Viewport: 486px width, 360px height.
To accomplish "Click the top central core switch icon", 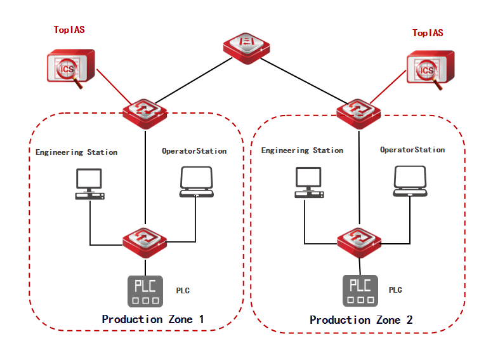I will pos(247,47).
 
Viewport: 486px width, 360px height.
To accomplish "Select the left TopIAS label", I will pos(70,30).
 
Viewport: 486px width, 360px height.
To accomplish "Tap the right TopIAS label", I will pos(428,33).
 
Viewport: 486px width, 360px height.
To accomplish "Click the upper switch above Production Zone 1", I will pos(145,112).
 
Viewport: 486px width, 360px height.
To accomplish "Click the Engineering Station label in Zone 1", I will pos(76,152).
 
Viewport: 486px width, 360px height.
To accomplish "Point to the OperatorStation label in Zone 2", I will pos(412,150).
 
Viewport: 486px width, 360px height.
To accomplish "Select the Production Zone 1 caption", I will pos(152,319).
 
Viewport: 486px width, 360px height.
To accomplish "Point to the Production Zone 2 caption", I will pos(361,320).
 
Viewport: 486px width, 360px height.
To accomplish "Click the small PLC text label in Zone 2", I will pos(395,290).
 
